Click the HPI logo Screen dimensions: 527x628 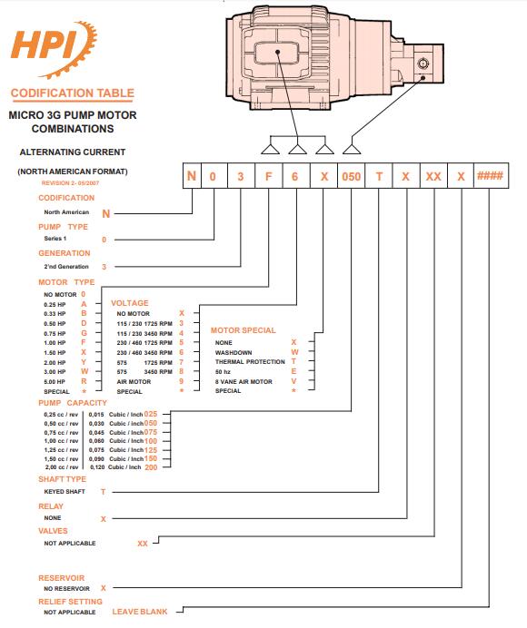click(x=54, y=49)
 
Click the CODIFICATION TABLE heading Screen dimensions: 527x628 click(x=73, y=93)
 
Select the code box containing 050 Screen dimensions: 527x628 click(x=351, y=176)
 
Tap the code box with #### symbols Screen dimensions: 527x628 click(x=491, y=176)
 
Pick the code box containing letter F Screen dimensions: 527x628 click(x=269, y=176)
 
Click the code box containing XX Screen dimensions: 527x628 click(x=433, y=176)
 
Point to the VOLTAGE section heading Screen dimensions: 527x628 click(x=130, y=303)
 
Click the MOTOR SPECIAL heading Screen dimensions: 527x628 click(x=243, y=330)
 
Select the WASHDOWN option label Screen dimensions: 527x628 click(x=234, y=352)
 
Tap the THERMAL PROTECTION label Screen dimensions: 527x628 click(x=250, y=362)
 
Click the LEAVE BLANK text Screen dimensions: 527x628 click(x=140, y=612)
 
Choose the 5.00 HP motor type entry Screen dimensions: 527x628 click(x=55, y=382)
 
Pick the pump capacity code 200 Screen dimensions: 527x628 click(x=151, y=467)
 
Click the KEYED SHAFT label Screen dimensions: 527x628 click(x=65, y=492)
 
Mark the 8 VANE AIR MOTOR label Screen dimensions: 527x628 click(x=244, y=382)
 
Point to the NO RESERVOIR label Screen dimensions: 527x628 click(x=66, y=588)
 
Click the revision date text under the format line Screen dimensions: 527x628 click(x=70, y=183)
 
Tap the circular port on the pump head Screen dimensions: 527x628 click(x=423, y=64)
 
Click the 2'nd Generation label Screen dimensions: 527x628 click(x=66, y=266)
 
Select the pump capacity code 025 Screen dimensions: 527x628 click(x=151, y=414)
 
